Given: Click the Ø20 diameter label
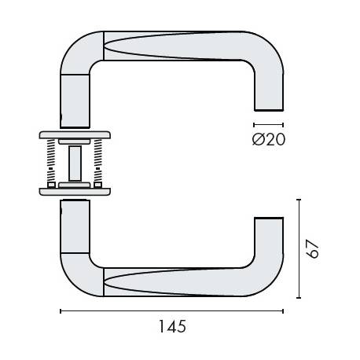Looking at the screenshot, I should point(269,140).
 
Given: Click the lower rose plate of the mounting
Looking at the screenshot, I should point(75,190).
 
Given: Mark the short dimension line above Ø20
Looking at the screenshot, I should point(268,125).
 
